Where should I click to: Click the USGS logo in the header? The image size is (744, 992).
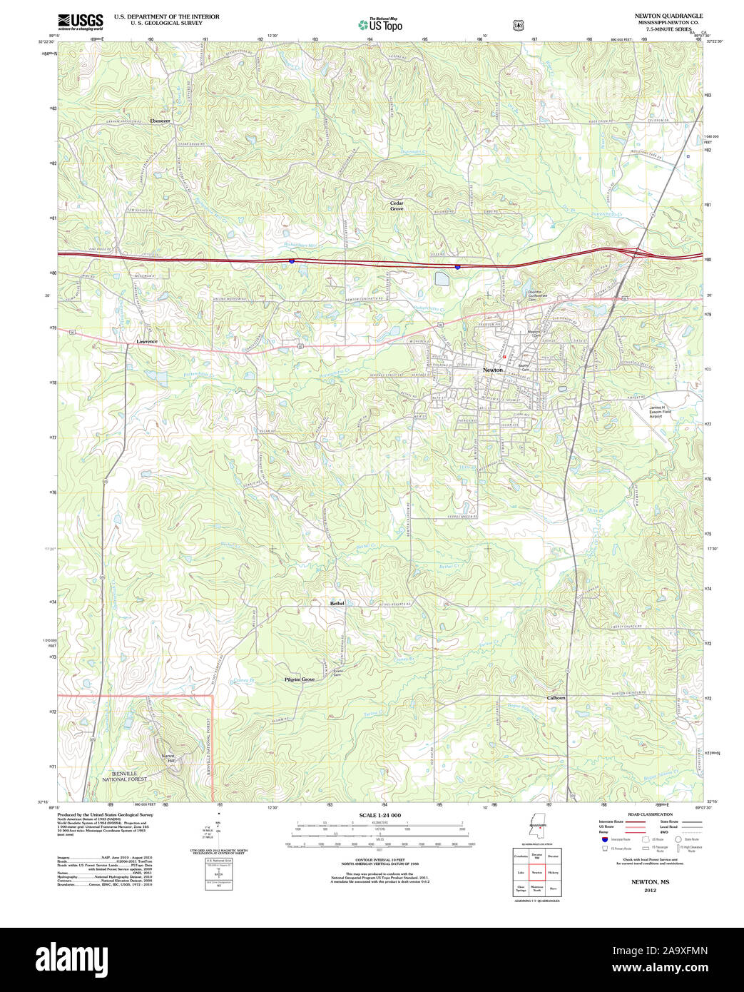80,21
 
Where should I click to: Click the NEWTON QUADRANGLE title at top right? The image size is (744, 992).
668,16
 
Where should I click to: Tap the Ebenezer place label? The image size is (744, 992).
160,121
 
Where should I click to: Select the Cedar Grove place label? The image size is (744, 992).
397,206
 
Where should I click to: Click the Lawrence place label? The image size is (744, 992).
147,342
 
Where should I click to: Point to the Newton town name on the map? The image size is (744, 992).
492,370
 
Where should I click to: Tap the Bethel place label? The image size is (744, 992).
337,603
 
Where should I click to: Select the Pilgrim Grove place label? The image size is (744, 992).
300,679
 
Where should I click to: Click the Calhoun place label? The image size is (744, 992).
556,698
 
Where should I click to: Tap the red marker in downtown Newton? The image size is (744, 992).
504,355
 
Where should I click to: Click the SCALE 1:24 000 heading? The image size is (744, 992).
379,815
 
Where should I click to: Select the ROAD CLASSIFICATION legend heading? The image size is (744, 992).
650,814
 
